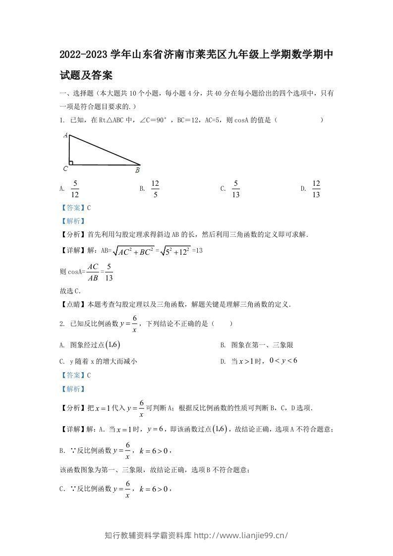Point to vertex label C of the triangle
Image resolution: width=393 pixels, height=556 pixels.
tap(65, 168)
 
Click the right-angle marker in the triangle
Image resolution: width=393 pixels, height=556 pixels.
tap(71, 162)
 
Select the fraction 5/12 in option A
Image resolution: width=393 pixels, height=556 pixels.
tap(75, 189)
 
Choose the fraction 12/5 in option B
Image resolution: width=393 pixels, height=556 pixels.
tap(155, 189)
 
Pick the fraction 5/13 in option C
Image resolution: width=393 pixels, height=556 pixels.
tap(236, 189)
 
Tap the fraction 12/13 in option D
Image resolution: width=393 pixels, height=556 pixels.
tap(316, 189)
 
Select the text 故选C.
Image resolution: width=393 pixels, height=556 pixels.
tap(70, 291)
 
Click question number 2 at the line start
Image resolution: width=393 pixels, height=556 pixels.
tap(61, 324)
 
